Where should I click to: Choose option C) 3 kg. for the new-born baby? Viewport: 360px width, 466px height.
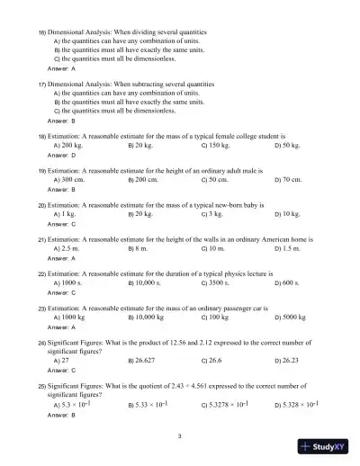tap(212, 215)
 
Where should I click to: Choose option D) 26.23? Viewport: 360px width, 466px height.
tap(289, 360)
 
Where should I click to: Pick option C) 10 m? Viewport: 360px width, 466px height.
tap(213, 248)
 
